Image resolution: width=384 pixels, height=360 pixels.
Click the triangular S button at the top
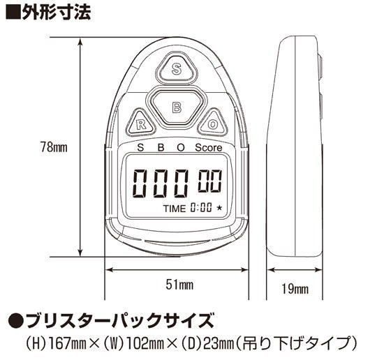point(177,68)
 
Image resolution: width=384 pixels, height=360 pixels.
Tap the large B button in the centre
point(177,107)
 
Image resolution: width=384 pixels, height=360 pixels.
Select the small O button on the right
point(212,123)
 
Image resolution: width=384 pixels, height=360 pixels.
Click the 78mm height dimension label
point(54,147)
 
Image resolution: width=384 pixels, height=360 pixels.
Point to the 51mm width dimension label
point(179,285)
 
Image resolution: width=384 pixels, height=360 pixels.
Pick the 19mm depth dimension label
point(295,289)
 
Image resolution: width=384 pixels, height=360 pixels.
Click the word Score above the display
point(209,148)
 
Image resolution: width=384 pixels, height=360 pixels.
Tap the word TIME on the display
point(175,209)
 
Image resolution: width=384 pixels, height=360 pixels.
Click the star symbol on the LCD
point(219,209)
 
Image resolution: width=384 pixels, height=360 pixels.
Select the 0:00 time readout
point(201,208)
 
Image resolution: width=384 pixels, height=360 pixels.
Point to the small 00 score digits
point(210,181)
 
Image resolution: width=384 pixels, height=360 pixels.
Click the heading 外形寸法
point(57,11)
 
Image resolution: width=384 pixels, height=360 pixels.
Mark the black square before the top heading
point(13,12)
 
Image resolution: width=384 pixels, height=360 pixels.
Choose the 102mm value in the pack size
point(145,343)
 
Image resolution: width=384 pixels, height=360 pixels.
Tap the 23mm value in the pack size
point(219,343)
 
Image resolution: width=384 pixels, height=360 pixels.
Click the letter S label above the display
point(140,148)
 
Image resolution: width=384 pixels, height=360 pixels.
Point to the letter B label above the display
point(161,148)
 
